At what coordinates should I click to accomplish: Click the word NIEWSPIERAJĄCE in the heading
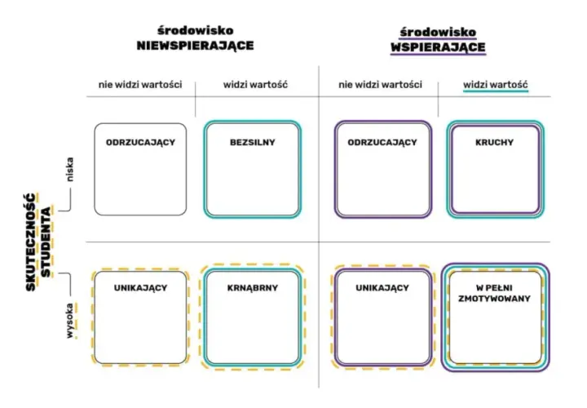[x=195, y=46]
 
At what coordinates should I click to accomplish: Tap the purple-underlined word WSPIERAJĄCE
[x=438, y=47]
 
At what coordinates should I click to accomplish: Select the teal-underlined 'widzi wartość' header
[x=496, y=84]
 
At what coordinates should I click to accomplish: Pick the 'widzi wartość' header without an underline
[x=255, y=84]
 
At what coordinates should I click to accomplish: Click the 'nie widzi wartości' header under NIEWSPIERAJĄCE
[x=140, y=84]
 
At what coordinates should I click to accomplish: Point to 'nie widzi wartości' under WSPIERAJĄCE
[x=380, y=84]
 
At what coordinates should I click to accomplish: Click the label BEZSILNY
[x=252, y=142]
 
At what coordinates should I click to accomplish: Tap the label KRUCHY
[x=494, y=142]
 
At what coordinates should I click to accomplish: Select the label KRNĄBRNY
[x=252, y=288]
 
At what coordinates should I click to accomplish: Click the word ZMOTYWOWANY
[x=494, y=299]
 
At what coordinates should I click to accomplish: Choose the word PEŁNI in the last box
[x=500, y=288]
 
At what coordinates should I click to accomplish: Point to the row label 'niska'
[x=69, y=169]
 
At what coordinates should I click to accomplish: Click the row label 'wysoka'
[x=69, y=321]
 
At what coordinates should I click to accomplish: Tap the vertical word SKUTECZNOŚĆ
[x=31, y=242]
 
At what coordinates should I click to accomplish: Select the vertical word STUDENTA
[x=46, y=242]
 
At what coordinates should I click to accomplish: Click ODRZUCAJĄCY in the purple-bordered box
[x=382, y=142]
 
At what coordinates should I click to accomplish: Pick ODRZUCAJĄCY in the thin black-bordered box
[x=140, y=142]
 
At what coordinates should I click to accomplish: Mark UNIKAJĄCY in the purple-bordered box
[x=382, y=288]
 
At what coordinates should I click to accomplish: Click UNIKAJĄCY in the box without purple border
[x=140, y=288]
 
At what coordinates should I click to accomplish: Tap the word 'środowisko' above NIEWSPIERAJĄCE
[x=195, y=30]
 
